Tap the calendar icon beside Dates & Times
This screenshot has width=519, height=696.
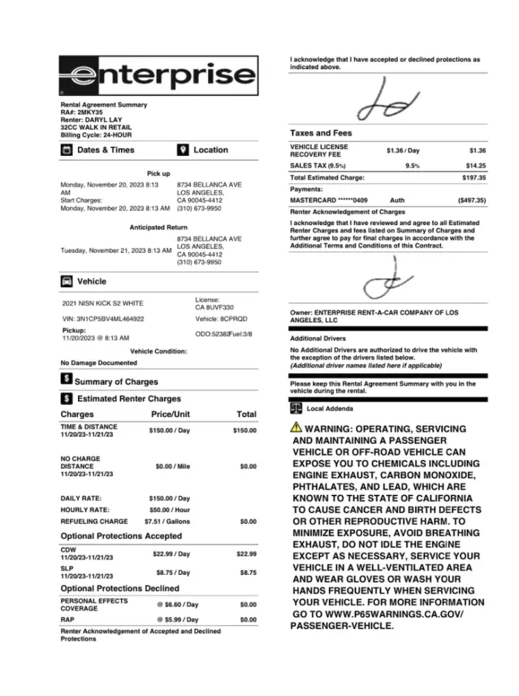66,150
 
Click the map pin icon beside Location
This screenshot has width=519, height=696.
183,150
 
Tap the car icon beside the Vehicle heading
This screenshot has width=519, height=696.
66,282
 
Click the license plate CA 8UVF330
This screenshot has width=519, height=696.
214,307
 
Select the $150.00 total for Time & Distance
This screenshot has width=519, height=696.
244,431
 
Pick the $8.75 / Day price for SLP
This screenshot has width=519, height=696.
173,573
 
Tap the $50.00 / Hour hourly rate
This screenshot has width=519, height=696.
170,509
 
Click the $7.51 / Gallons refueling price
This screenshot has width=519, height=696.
167,521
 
